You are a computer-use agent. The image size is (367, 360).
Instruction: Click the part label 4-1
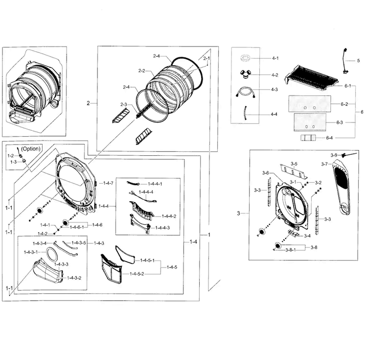click(x=275, y=58)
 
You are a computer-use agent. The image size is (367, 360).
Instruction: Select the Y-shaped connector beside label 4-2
click(x=245, y=74)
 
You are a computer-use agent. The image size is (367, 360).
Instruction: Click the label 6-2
click(x=344, y=104)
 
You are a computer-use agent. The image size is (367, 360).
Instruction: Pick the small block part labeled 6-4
click(x=308, y=139)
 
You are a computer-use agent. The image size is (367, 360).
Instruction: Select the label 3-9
click(x=334, y=155)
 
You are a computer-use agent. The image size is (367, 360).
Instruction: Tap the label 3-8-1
click(x=292, y=250)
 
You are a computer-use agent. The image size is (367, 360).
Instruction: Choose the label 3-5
click(x=294, y=163)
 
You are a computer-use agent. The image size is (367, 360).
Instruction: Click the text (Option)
click(x=31, y=148)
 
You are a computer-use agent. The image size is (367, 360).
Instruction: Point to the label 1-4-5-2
click(x=136, y=273)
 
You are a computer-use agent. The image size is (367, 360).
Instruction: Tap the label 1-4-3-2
click(x=73, y=278)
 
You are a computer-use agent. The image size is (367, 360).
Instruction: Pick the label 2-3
click(x=123, y=104)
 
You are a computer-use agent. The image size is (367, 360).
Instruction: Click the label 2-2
click(x=141, y=71)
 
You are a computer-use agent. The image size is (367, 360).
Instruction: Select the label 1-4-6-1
click(x=77, y=227)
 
